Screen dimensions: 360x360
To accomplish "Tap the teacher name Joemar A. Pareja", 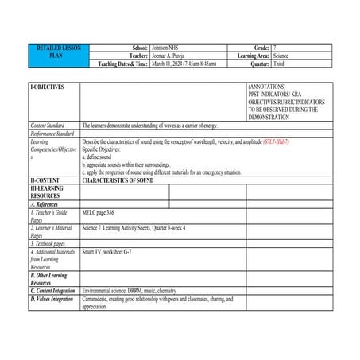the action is [x=172, y=56].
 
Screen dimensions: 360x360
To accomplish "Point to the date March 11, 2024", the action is [x=168, y=64].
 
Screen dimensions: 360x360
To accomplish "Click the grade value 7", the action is [x=274, y=48].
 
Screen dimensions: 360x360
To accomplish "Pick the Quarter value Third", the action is [x=279, y=64].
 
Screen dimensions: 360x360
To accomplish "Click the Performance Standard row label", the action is [x=52, y=133].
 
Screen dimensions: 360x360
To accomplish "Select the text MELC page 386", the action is [x=99, y=212].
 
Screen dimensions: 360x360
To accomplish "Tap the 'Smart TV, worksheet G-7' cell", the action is [x=111, y=251].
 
